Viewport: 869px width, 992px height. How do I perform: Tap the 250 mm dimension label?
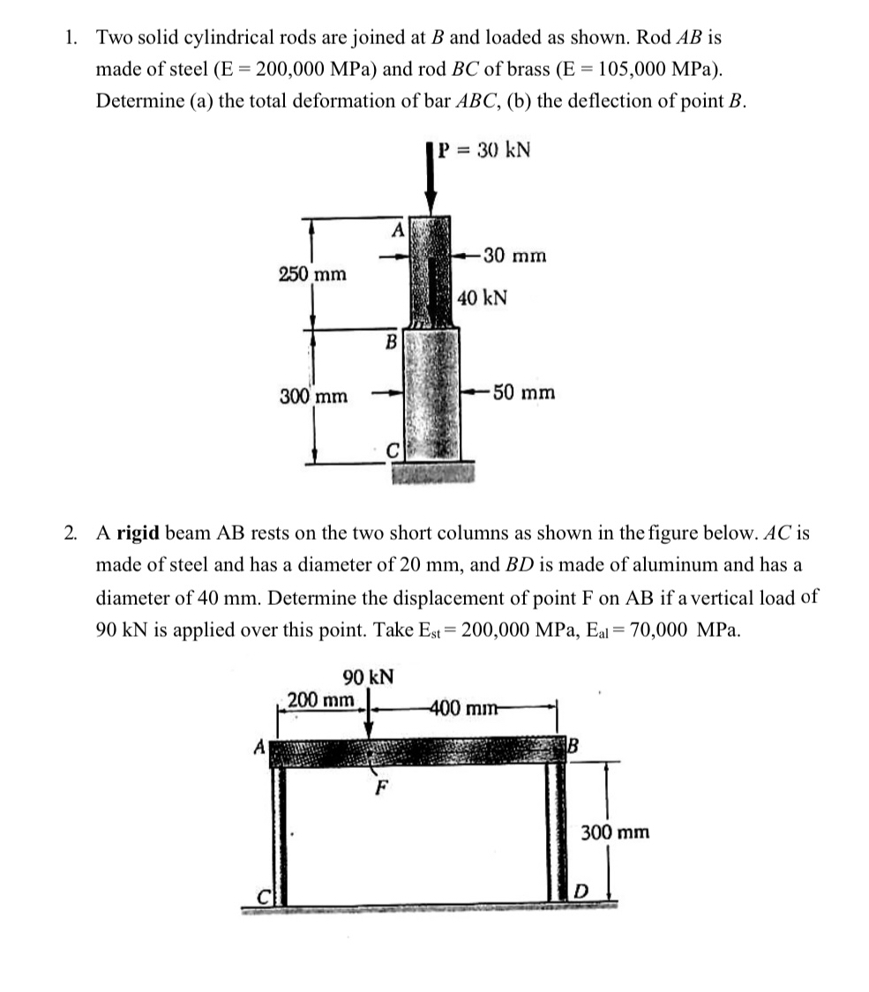(312, 273)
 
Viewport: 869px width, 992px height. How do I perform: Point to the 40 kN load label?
(483, 297)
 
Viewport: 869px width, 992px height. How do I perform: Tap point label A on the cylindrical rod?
(397, 230)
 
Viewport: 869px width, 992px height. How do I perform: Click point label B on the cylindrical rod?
(392, 340)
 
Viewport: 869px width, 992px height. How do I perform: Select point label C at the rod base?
(395, 451)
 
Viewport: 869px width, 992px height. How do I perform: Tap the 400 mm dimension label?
(462, 707)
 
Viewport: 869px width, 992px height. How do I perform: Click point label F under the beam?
(380, 787)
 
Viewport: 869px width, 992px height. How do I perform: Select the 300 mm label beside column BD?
(615, 832)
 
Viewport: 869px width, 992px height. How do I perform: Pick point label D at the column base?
(580, 893)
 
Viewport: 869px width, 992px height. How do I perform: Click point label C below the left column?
(262, 895)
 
